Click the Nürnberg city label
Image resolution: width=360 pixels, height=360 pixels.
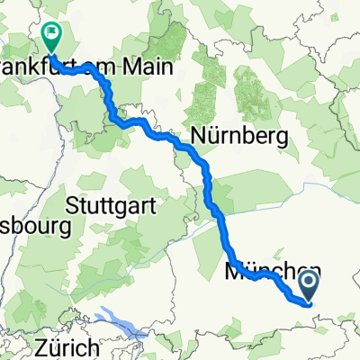[x=239, y=138]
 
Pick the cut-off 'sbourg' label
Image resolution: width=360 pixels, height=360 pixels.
[x=35, y=228]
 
